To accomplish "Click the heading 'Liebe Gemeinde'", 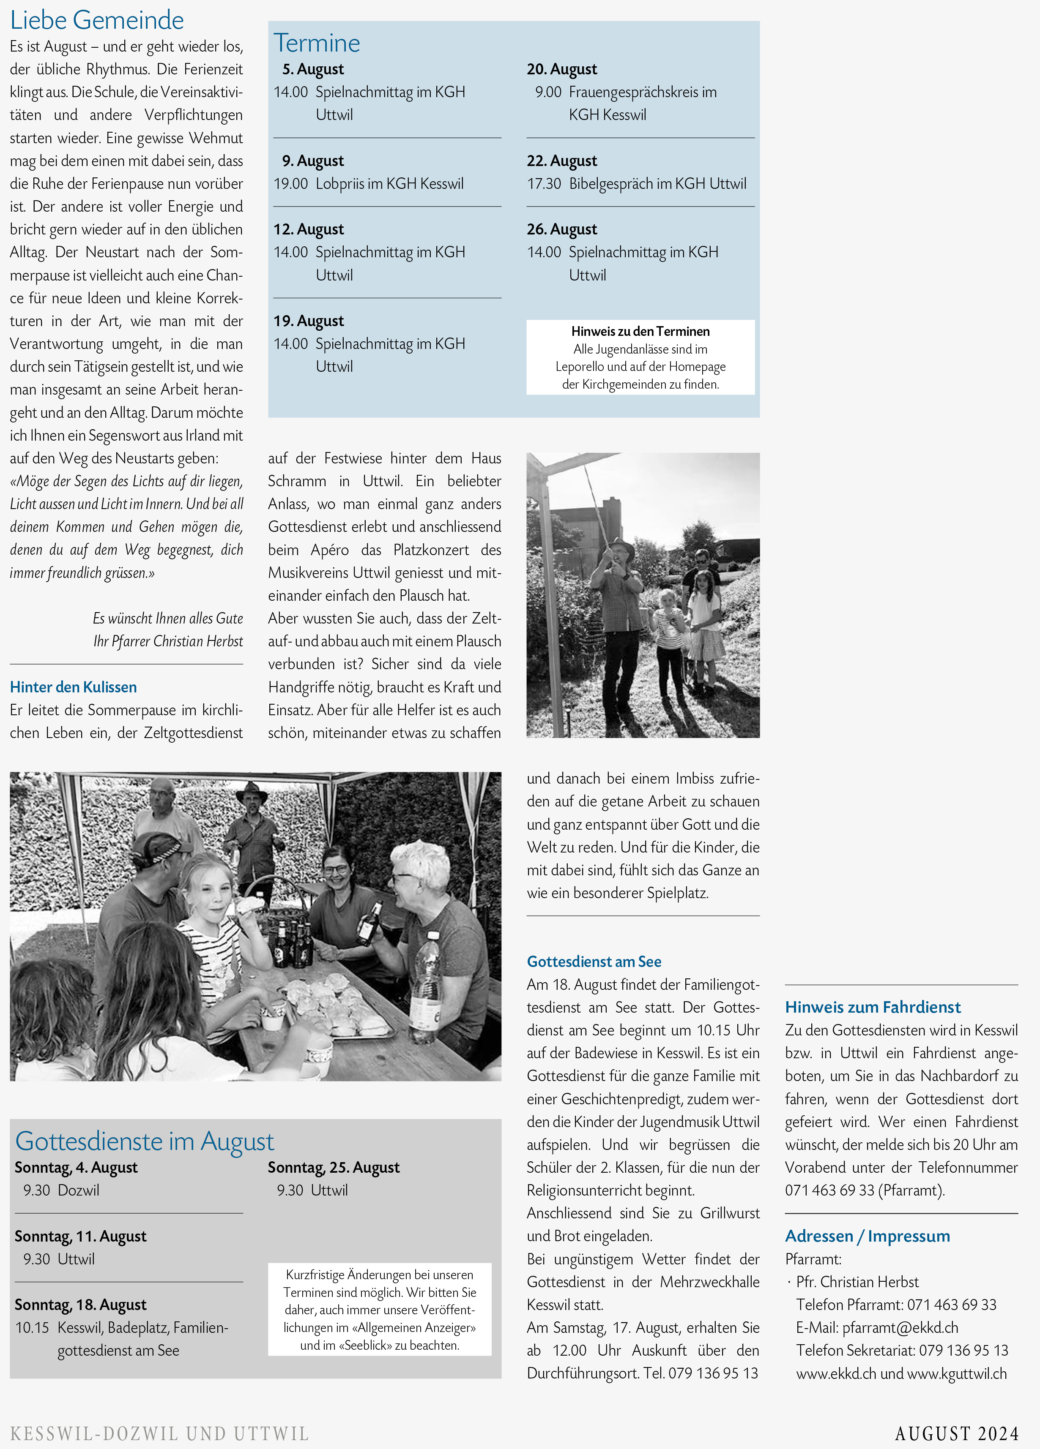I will click(x=97, y=20).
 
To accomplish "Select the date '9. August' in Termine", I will click(x=313, y=161).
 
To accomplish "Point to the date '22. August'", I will click(x=562, y=161).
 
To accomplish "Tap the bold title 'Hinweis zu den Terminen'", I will click(x=640, y=331).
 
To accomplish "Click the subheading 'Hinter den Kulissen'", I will click(x=74, y=687).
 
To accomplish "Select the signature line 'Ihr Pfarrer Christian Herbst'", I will click(x=168, y=641).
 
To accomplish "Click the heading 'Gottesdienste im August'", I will click(x=145, y=1141).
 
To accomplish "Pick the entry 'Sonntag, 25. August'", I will click(x=334, y=1167).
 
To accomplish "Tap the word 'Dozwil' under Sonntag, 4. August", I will click(x=79, y=1190).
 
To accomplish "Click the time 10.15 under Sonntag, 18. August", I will click(x=32, y=1328).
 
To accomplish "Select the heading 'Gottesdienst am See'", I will click(x=594, y=961).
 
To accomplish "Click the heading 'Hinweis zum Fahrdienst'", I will click(x=873, y=1007).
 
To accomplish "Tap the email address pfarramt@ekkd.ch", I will click(x=900, y=1328).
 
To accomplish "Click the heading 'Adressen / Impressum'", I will click(x=868, y=1236).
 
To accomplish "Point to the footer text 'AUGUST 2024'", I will click(x=956, y=1434).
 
